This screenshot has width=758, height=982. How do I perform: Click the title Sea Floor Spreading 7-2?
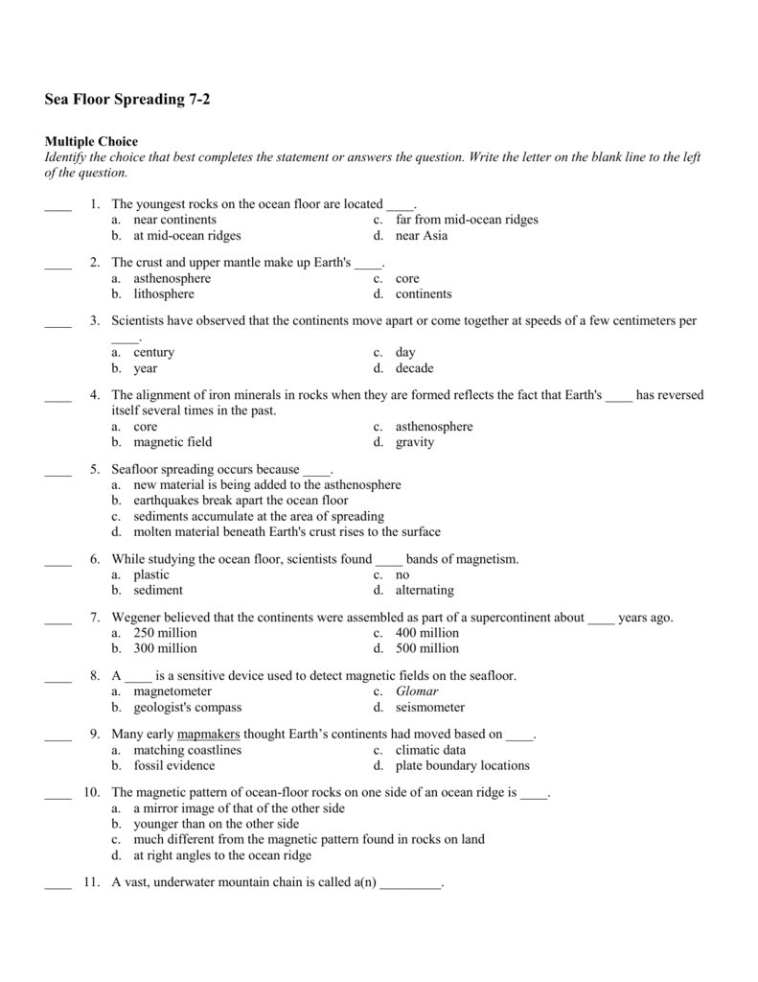tap(126, 99)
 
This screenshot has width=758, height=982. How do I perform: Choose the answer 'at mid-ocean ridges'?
tap(187, 235)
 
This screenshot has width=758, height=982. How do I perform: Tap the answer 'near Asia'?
tap(422, 235)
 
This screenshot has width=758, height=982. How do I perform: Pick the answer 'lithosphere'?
tap(164, 294)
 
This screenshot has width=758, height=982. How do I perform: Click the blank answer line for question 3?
tap(58, 323)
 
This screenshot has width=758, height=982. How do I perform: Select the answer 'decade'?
tap(414, 368)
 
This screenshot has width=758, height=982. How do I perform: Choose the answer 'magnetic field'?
tap(172, 442)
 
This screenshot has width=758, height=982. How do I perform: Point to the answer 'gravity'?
tap(415, 442)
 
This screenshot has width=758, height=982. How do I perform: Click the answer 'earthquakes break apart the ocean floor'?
tap(241, 501)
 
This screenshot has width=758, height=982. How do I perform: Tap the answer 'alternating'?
tap(425, 590)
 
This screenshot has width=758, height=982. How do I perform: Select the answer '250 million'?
tap(165, 633)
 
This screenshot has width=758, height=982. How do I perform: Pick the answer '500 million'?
tap(427, 648)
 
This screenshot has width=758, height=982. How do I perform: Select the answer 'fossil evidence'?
tap(174, 765)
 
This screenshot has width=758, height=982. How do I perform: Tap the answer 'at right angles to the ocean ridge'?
tap(222, 855)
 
